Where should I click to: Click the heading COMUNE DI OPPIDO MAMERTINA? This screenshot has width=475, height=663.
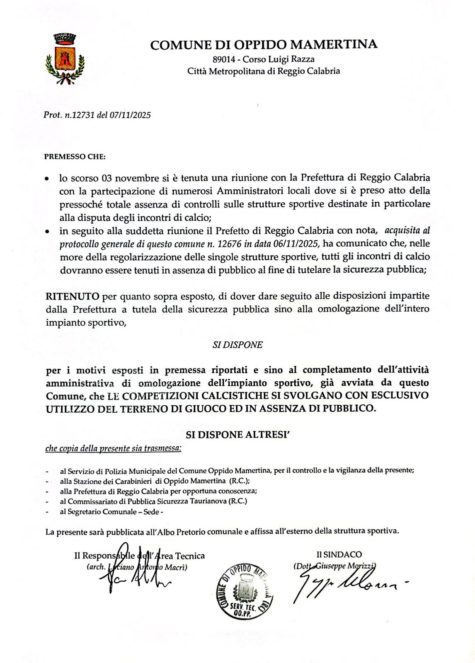(x=264, y=44)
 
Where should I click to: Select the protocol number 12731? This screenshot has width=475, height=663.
(x=83, y=115)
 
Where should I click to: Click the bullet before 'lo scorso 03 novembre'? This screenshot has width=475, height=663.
(x=48, y=180)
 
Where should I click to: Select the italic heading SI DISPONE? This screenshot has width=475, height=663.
(x=237, y=345)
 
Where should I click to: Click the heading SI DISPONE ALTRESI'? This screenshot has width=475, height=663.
(x=237, y=435)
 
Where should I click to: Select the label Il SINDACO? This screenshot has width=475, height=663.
(x=339, y=554)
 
